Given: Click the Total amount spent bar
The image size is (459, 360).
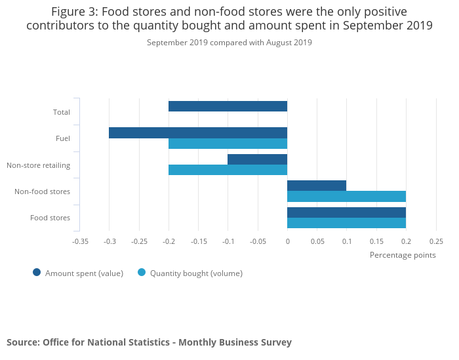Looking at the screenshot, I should [x=228, y=106].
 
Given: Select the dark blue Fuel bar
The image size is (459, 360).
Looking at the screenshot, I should [x=198, y=132].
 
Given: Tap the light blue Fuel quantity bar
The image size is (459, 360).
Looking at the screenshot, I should [x=228, y=144].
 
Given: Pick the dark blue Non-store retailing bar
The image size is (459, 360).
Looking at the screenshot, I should [x=257, y=159].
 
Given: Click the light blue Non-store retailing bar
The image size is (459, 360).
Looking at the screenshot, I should [x=228, y=170].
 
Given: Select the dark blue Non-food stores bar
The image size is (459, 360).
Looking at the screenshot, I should [x=317, y=186].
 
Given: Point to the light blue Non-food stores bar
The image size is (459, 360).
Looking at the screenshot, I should [x=346, y=196].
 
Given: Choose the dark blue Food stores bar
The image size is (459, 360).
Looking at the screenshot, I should [x=346, y=212].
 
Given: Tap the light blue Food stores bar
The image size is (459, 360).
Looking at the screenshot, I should [x=346, y=223].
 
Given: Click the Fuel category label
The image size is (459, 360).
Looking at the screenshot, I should [x=63, y=138].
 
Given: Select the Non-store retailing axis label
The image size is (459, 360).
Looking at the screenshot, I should [x=38, y=165].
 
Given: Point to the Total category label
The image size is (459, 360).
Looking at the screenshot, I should [x=61, y=112].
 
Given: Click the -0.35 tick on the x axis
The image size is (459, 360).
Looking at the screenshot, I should [x=80, y=241].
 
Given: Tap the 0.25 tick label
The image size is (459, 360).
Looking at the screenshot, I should [x=435, y=241].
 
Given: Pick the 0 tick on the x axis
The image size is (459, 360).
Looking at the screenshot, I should [x=287, y=241].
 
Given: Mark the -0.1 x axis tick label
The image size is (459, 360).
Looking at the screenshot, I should [x=228, y=241].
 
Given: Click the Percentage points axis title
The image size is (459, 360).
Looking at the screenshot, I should [x=403, y=255].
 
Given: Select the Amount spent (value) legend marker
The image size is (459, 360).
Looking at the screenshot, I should [x=37, y=273].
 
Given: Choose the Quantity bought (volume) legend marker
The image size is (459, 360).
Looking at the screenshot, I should [x=142, y=273].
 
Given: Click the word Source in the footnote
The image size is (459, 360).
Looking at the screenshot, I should [x=22, y=342].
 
